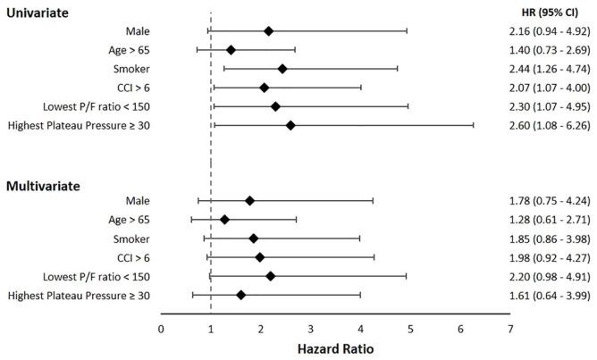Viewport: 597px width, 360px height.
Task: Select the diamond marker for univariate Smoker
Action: pyautogui.click(x=282, y=68)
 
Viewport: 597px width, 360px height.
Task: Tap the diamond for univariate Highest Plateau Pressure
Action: pyautogui.click(x=290, y=125)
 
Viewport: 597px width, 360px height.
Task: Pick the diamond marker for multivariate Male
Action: pyautogui.click(x=249, y=201)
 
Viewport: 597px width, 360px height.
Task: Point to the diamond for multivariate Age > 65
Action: pyautogui.click(x=224, y=219)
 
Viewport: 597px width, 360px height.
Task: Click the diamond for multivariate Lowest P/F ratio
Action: pyautogui.click(x=271, y=276)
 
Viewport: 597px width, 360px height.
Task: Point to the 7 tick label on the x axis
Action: pyautogui.click(x=510, y=328)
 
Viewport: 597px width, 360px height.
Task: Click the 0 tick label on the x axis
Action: pyautogui.click(x=161, y=328)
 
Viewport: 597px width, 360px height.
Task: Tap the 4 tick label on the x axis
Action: pyautogui.click(x=361, y=328)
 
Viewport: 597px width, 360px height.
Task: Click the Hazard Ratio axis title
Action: pyautogui.click(x=335, y=348)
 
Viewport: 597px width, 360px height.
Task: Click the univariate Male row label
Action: pyautogui.click(x=138, y=30)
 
